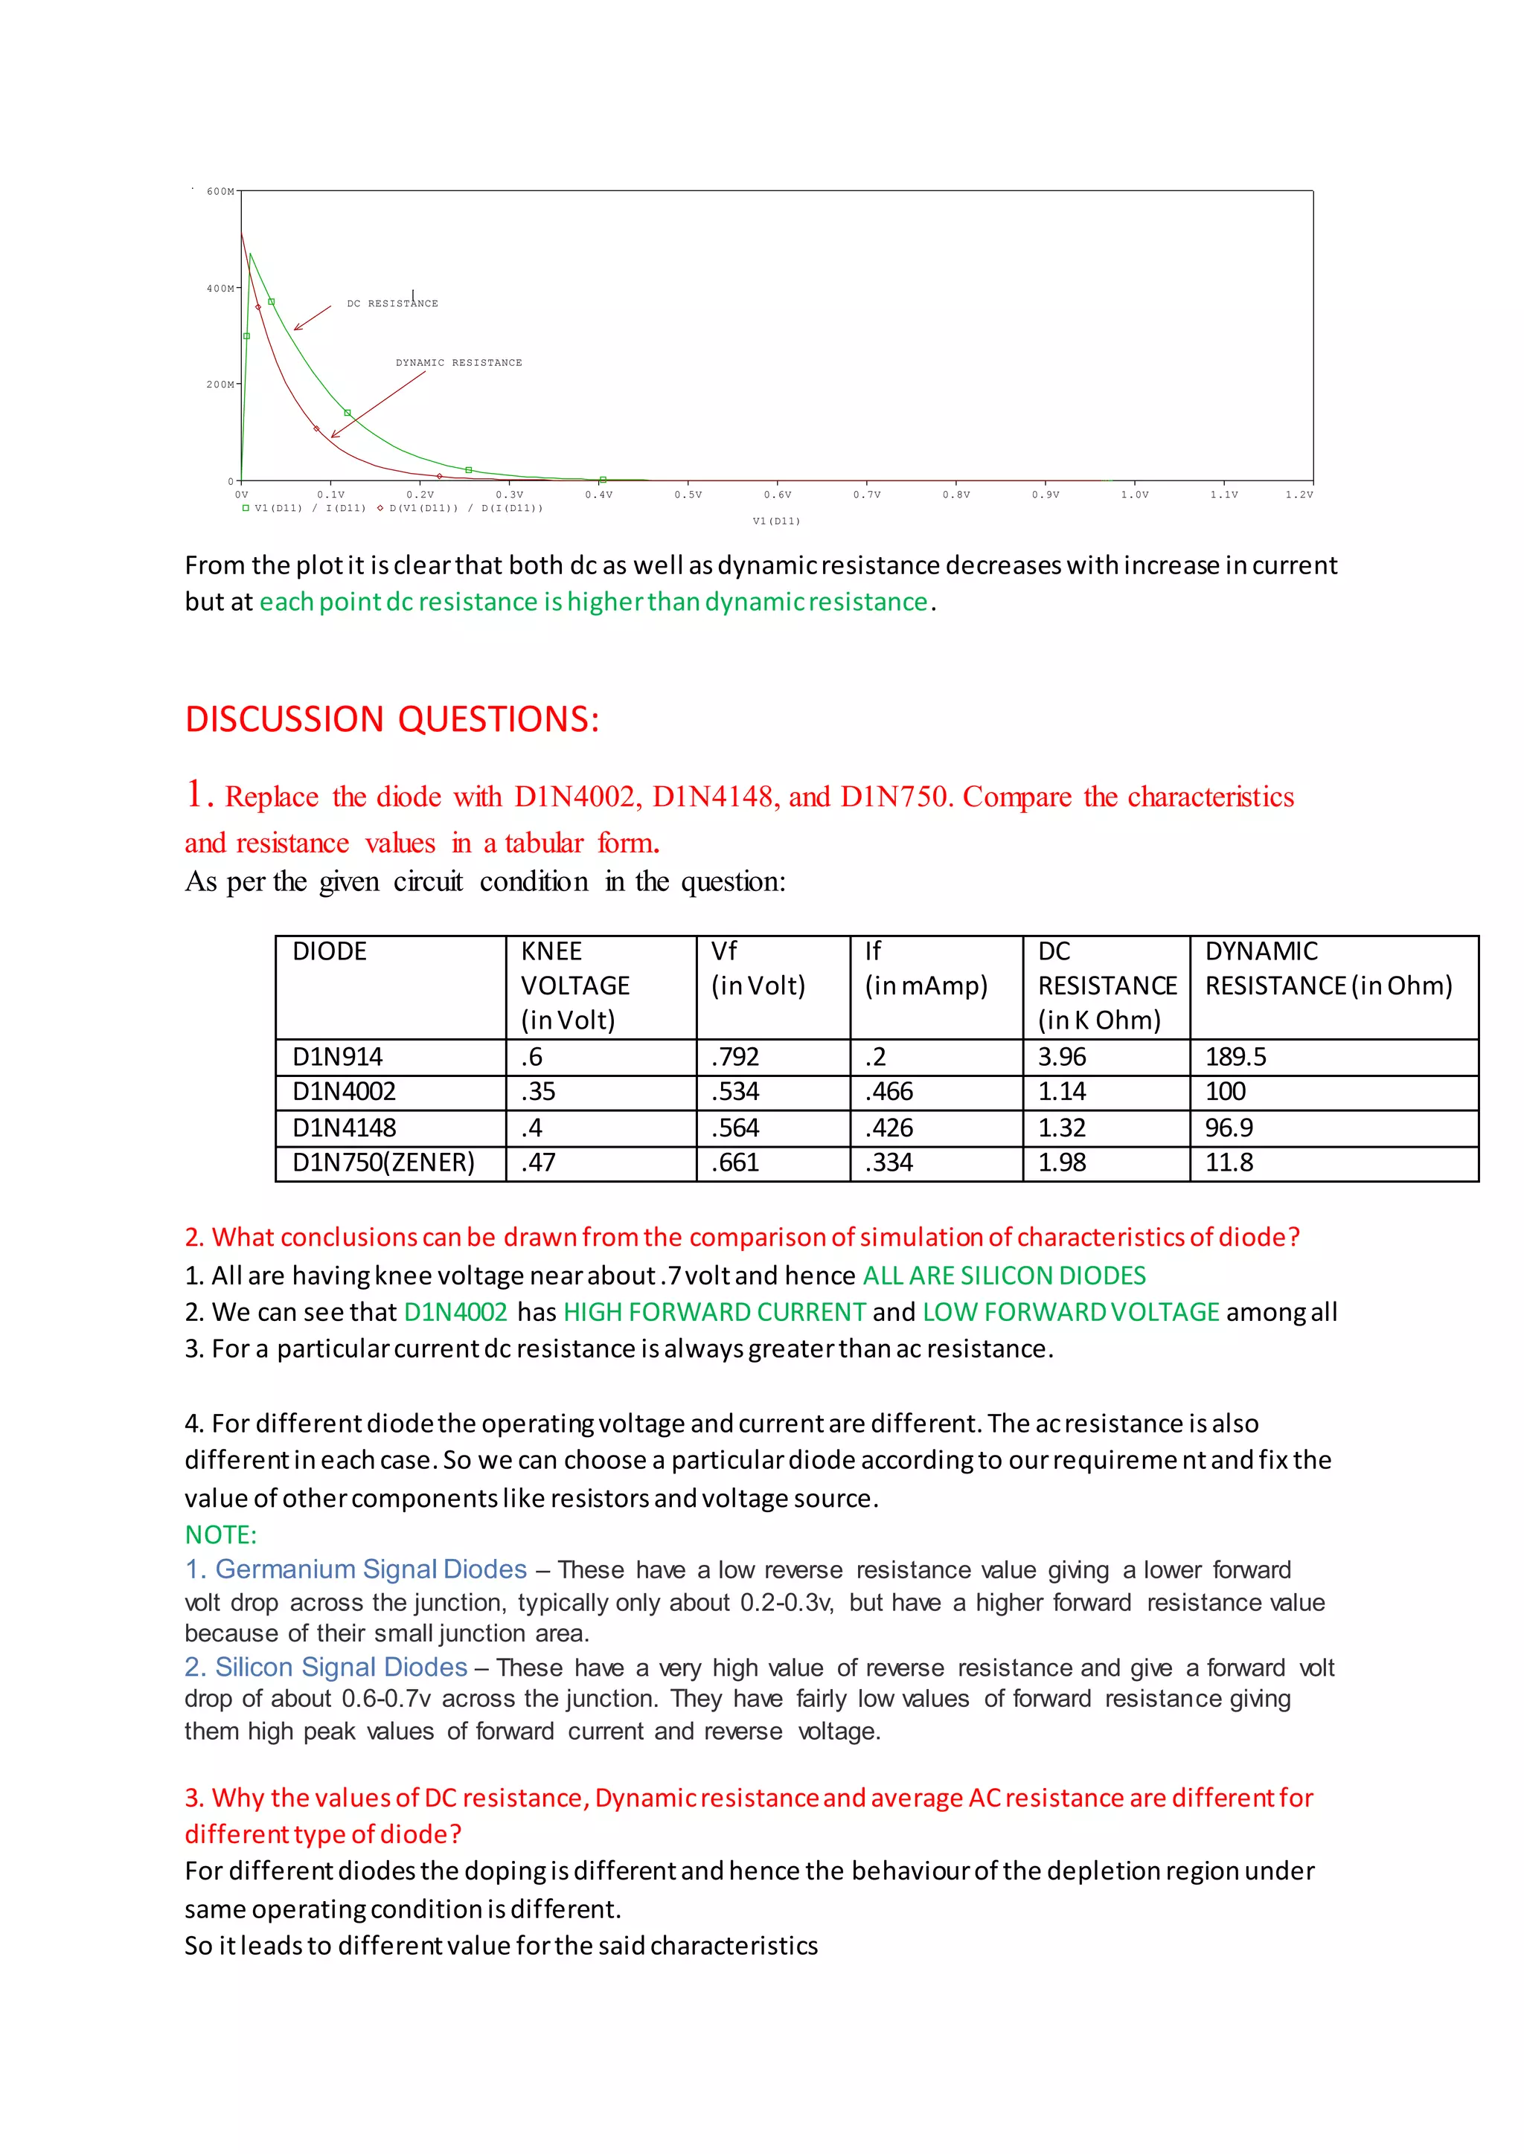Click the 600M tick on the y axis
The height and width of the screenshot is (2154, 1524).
coord(220,191)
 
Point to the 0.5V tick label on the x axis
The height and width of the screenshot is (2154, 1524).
coord(688,495)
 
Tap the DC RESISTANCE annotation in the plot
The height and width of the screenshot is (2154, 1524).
coord(392,303)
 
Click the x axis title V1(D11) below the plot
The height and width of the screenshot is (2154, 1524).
coord(776,521)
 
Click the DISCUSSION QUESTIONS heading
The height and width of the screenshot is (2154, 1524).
coord(391,719)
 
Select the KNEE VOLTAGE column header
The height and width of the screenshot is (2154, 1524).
coord(575,985)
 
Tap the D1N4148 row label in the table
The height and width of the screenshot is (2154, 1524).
coord(345,1128)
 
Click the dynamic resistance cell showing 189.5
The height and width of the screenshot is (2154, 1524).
coord(1235,1058)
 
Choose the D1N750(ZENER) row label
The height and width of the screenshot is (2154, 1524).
coord(383,1163)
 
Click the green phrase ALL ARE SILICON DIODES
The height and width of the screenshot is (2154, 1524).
coord(1004,1276)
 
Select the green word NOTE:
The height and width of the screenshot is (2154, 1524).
coord(220,1535)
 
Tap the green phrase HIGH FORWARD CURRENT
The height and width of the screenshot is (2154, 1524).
coord(714,1313)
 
